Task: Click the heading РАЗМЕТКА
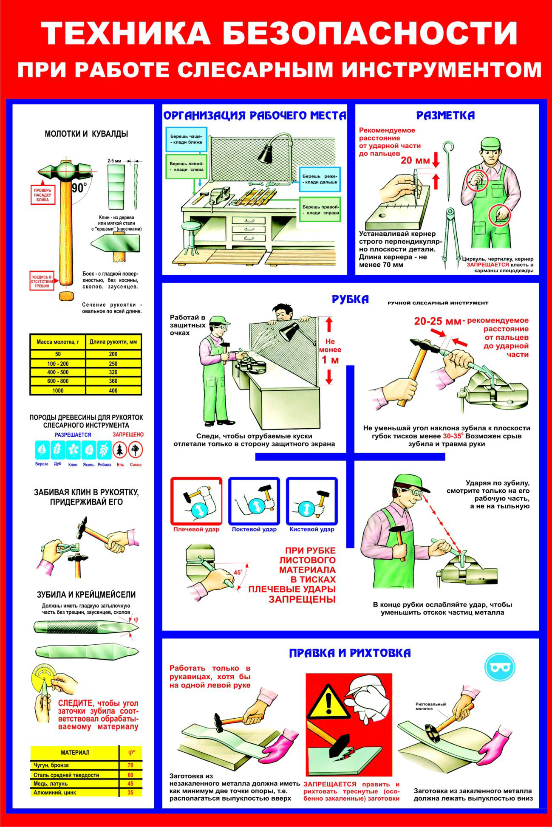[x=445, y=115]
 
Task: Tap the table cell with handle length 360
[x=113, y=381]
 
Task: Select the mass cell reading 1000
[x=58, y=390]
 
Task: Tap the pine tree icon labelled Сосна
[x=136, y=449]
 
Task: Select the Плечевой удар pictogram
[x=196, y=501]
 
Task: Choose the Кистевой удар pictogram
[x=312, y=501]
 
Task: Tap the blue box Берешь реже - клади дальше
[x=320, y=179]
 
